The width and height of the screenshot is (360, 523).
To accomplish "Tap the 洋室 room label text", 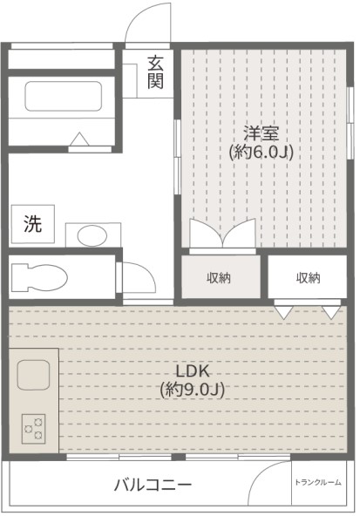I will (261, 133).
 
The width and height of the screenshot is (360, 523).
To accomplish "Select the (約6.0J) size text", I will (261, 153).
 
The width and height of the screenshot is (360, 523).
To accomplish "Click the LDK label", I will (193, 370).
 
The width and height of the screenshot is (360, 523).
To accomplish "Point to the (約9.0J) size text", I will (193, 390).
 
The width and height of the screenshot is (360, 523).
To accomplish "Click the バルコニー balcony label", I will (153, 485).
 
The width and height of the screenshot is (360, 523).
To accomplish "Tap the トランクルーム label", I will (317, 482).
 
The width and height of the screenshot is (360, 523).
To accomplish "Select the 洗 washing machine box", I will (31, 223).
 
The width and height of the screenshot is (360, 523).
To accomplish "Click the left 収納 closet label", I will (219, 278).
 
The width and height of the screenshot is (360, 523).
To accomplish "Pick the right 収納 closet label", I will (308, 278).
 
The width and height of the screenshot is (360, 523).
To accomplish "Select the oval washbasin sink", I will (89, 234).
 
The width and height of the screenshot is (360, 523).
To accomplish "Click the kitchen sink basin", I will (34, 374).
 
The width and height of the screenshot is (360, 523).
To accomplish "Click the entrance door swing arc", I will (146, 24).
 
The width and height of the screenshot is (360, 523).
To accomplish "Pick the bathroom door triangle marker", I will (79, 139).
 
